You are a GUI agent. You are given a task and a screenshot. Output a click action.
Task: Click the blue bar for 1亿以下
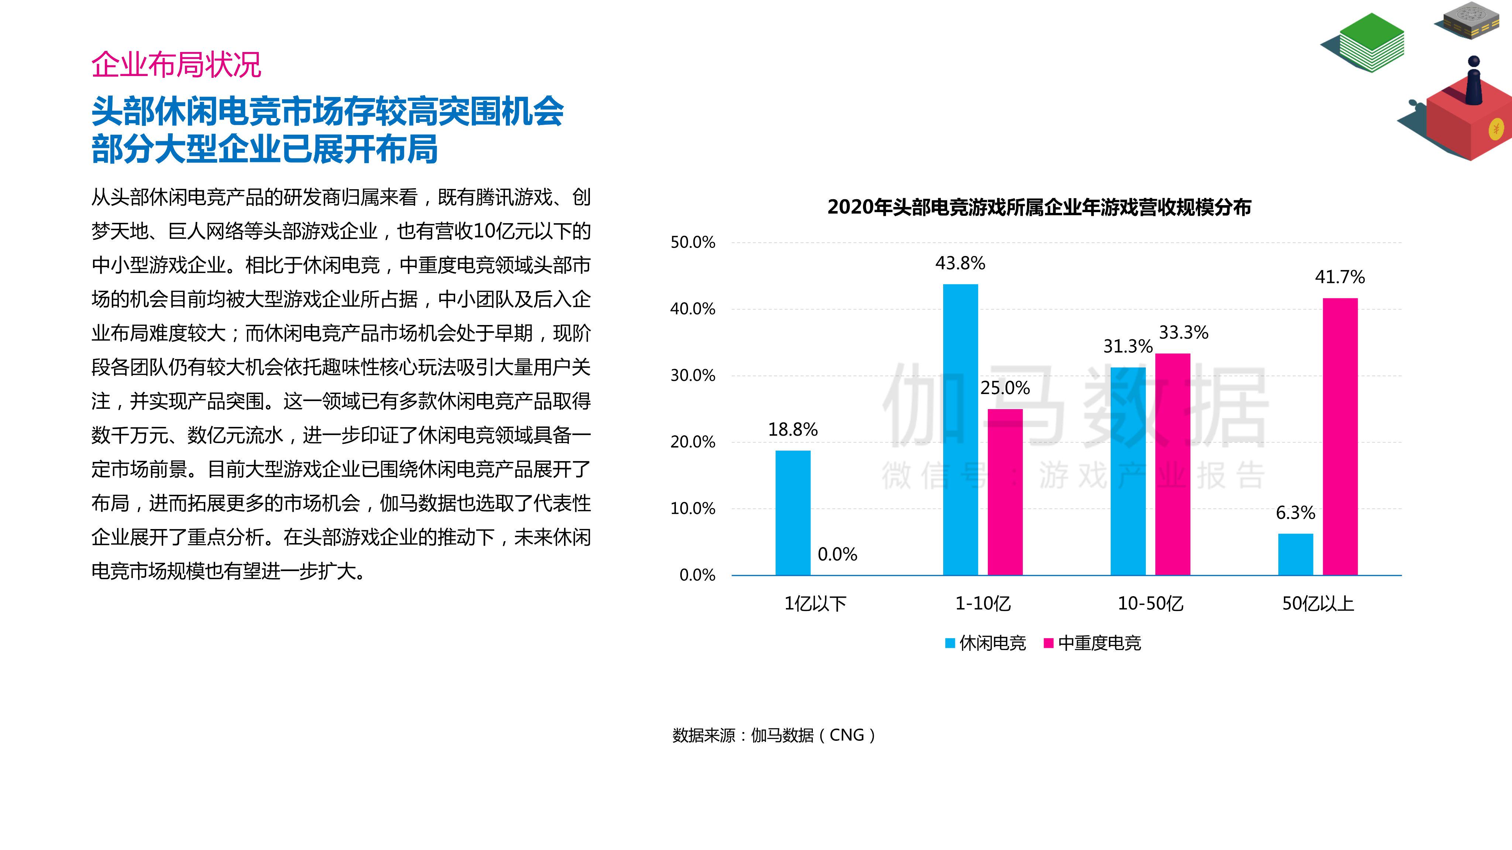click(793, 513)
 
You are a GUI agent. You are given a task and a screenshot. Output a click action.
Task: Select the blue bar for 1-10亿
click(960, 429)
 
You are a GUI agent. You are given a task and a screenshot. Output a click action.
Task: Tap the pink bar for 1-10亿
click(1005, 492)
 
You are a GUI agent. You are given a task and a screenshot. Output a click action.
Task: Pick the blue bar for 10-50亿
click(1128, 471)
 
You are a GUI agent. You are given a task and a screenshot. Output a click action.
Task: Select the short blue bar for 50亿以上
click(1295, 554)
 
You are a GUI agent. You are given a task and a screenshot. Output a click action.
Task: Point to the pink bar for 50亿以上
click(1340, 437)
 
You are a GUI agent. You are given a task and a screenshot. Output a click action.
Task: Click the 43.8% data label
click(960, 263)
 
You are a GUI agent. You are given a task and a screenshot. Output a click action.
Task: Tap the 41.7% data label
click(1340, 277)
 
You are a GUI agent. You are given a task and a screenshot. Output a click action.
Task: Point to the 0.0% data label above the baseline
click(837, 554)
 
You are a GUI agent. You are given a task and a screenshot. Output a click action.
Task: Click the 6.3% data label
click(1295, 513)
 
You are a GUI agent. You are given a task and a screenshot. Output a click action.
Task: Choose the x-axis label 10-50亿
click(1151, 604)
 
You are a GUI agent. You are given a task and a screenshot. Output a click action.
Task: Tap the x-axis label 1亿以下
click(815, 604)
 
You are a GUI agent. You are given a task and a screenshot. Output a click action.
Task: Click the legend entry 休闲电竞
click(986, 643)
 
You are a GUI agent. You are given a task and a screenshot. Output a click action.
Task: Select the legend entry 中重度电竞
click(1092, 643)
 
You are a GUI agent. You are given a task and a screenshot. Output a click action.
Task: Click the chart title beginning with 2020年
click(1039, 207)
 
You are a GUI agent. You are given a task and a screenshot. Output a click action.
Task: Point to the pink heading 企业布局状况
click(176, 65)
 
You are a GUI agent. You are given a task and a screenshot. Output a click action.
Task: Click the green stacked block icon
click(1363, 42)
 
